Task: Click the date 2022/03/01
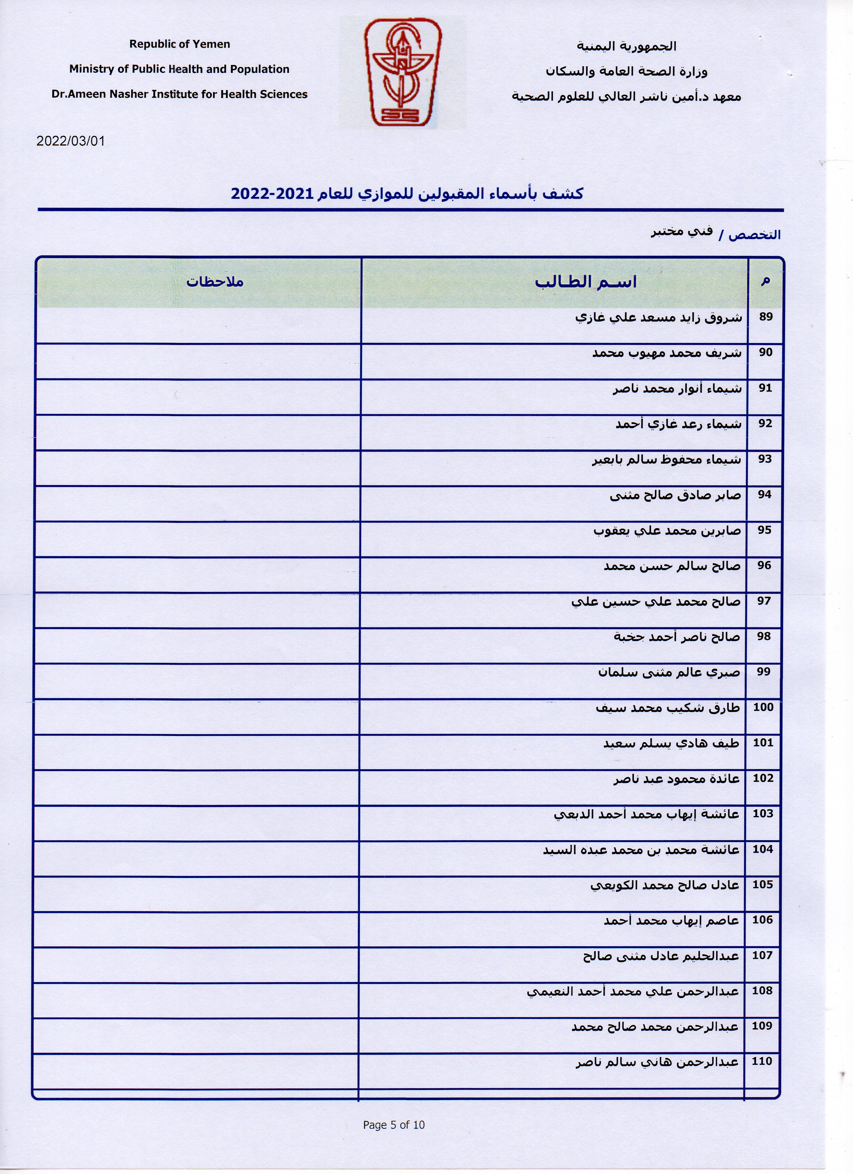tap(70, 141)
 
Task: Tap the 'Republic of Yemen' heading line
tap(180, 44)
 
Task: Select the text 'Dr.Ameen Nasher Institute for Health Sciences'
tap(180, 94)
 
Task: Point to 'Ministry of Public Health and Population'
tap(180, 69)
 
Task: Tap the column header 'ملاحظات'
tap(215, 282)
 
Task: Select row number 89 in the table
tap(766, 317)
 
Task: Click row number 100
tap(763, 707)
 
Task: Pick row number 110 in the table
tap(762, 1061)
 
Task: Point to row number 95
tap(764, 530)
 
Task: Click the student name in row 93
tap(667, 460)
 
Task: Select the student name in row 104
tap(641, 850)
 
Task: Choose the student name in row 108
tap(633, 991)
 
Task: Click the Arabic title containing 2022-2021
tap(407, 194)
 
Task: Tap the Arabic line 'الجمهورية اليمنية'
tap(626, 47)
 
